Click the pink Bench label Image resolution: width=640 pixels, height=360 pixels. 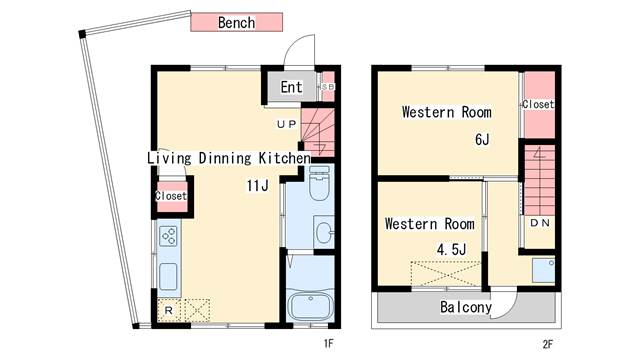[x=236, y=22]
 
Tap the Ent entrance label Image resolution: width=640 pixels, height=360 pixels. [x=291, y=87]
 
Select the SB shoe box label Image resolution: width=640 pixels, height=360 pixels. [x=328, y=87]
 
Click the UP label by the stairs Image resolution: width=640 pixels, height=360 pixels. [x=287, y=124]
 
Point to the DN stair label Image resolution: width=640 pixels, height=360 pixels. [x=540, y=223]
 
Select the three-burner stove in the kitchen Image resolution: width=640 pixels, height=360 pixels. [x=168, y=236]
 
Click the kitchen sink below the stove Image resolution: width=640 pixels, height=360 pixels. [x=168, y=277]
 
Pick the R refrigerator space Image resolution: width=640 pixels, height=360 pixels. [x=169, y=311]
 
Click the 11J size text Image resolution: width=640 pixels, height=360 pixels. [x=258, y=186]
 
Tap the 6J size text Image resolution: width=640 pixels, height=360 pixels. [x=482, y=140]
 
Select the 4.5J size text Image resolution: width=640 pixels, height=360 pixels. [x=451, y=249]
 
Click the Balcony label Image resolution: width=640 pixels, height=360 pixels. [x=466, y=307]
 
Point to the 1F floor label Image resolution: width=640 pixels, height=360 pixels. [x=329, y=344]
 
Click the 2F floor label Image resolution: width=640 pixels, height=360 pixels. [x=548, y=344]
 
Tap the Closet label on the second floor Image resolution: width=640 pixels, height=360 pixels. [x=538, y=104]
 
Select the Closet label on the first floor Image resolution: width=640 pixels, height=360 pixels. [x=171, y=196]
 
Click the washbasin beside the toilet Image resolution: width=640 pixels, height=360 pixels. [x=324, y=232]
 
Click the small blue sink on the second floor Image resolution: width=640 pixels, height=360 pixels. [x=543, y=270]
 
